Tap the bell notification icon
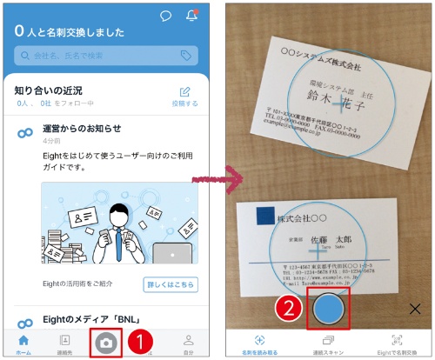click(x=191, y=16)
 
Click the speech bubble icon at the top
click(x=166, y=16)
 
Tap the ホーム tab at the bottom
click(x=23, y=343)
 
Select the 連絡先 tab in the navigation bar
click(x=64, y=343)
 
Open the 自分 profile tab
click(x=188, y=343)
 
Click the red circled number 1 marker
click(x=139, y=342)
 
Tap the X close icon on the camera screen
click(x=414, y=309)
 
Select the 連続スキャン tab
click(x=327, y=343)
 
